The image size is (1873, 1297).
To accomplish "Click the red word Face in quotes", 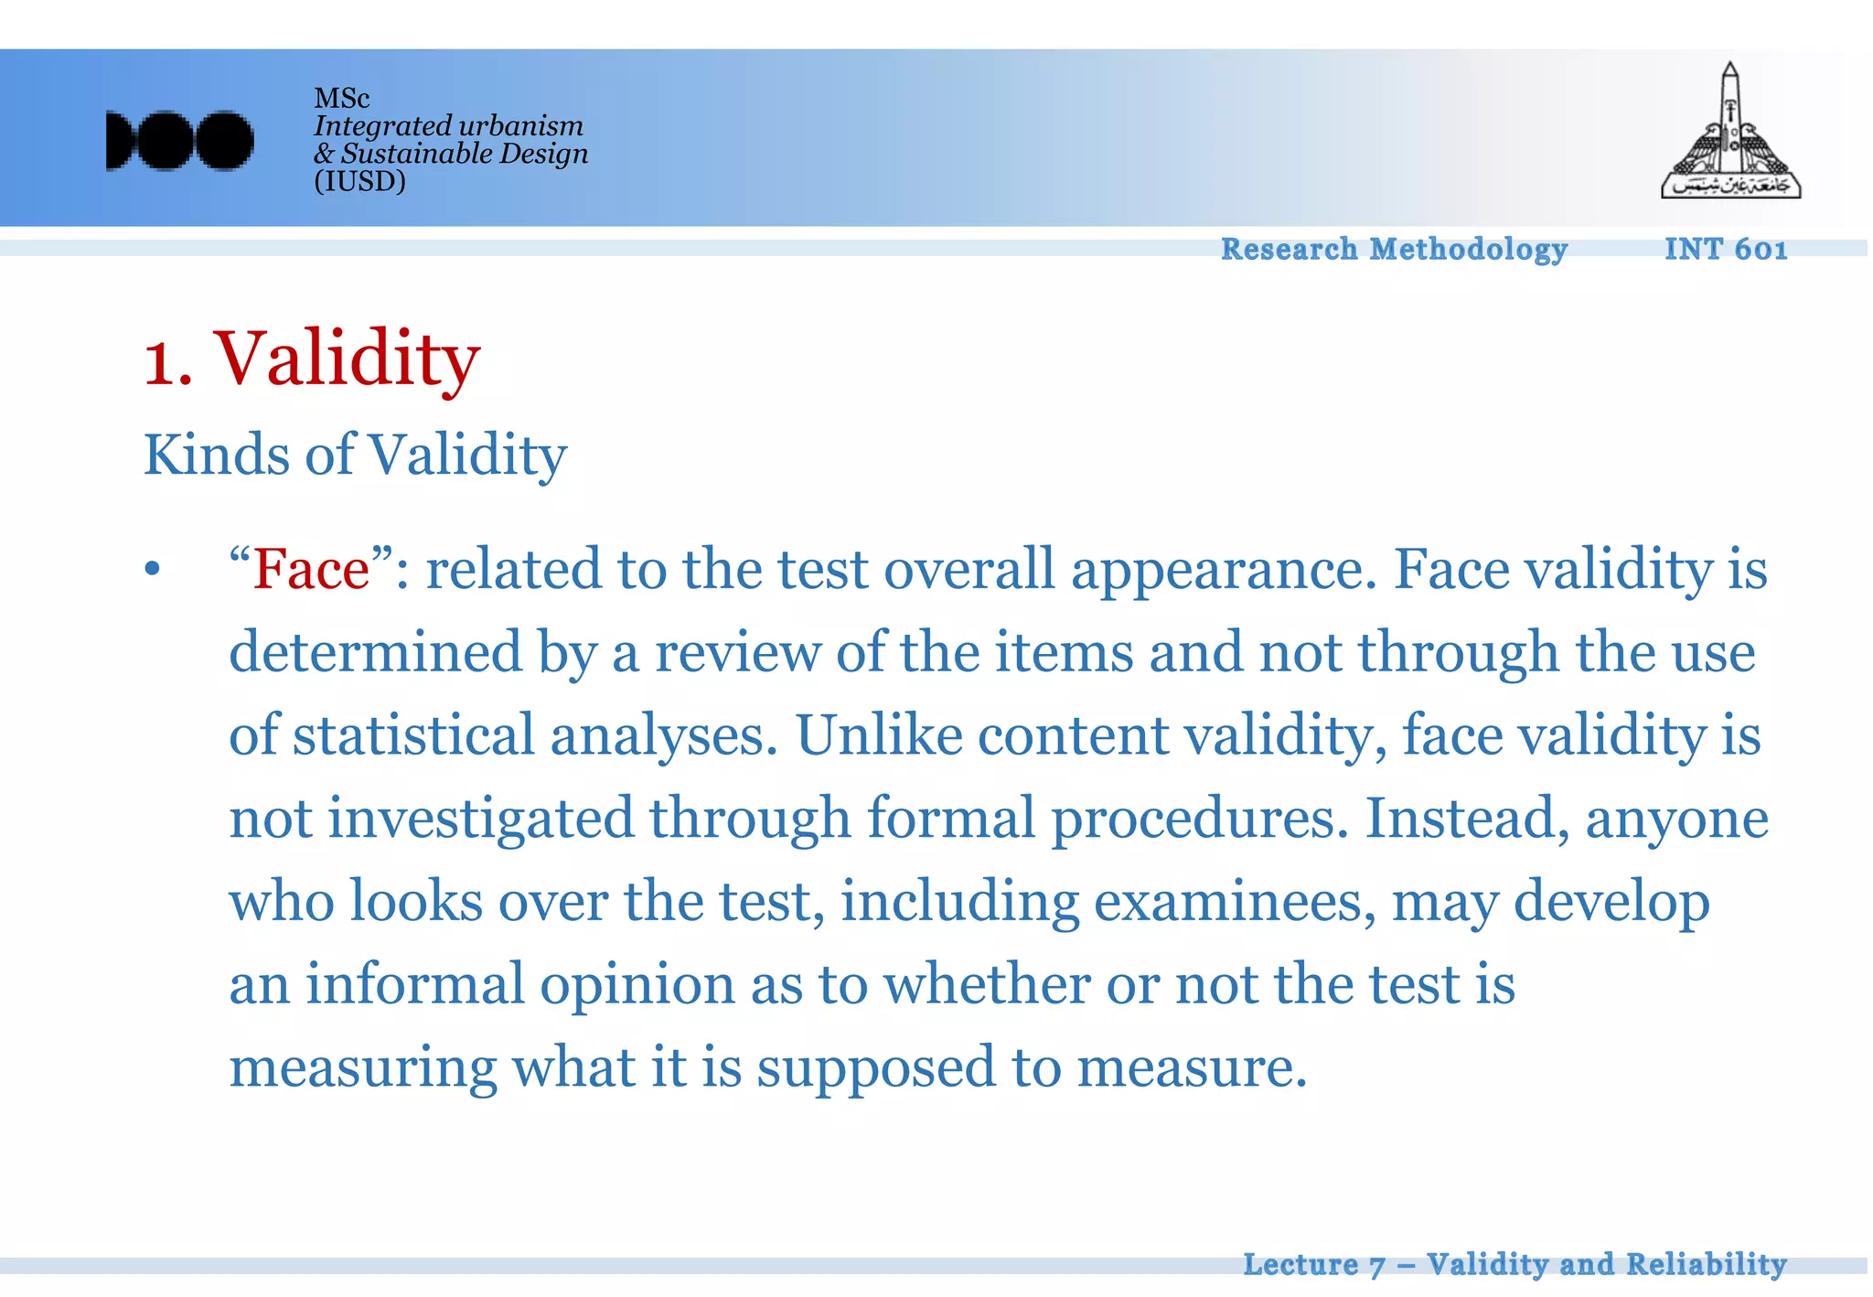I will coord(311,569).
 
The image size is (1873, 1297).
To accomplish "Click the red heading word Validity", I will coord(347,359).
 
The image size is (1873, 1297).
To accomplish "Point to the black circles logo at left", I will coord(179,141).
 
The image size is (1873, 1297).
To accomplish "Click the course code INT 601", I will coord(1725,249).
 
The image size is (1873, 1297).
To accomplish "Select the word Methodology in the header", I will coord(1468,249).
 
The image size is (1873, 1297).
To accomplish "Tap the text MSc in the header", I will coord(341,98).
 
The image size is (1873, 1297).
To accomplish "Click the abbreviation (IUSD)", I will coord(359,181).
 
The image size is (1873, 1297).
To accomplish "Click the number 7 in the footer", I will coord(1377,1266).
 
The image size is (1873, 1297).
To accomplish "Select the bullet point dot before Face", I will coord(152,570).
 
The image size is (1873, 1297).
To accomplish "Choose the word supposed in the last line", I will coord(875,1068).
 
